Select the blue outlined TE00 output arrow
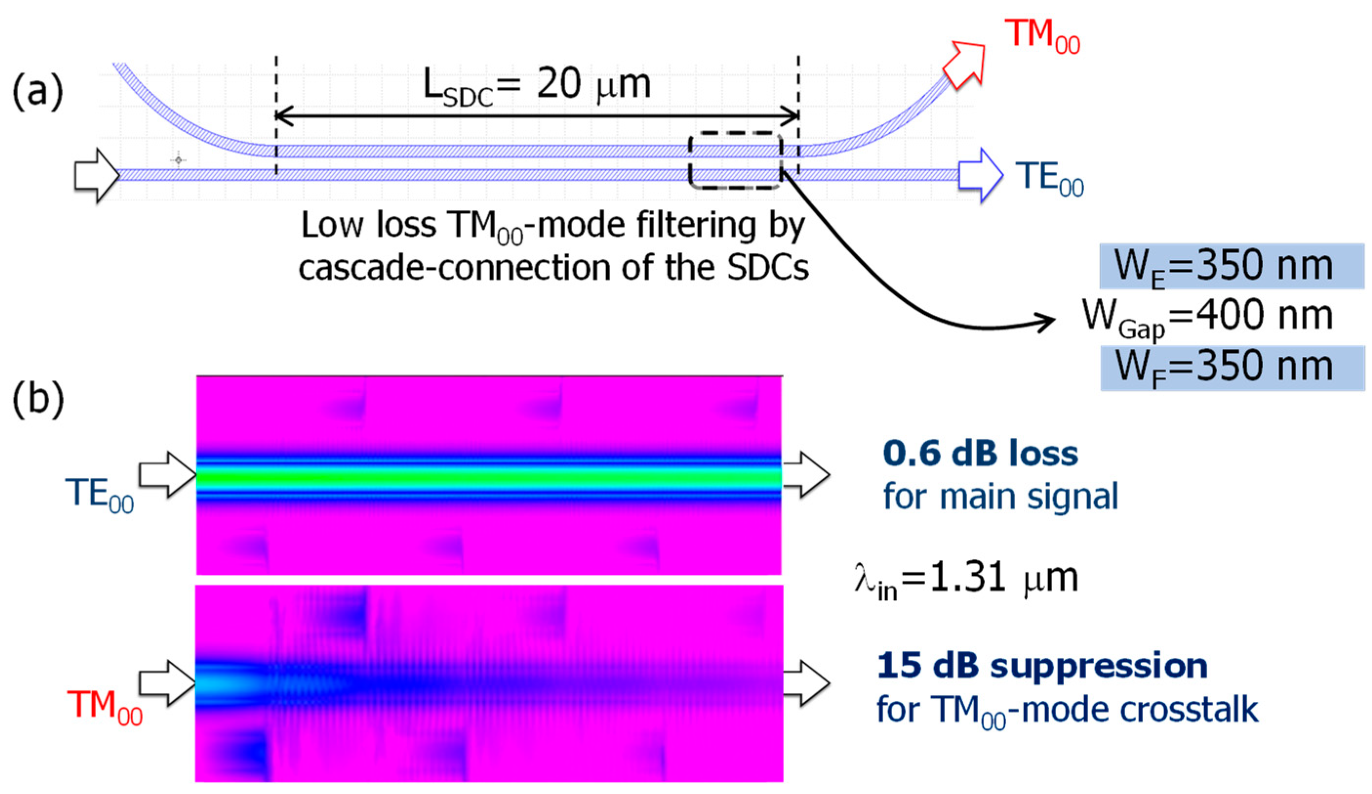point(980,175)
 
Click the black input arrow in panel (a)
point(97,175)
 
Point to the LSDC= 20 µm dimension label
point(537,87)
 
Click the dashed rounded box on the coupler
point(735,161)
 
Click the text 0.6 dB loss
point(980,454)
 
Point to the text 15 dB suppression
point(1042,666)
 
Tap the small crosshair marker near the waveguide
point(178,160)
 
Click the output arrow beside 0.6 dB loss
point(806,474)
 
